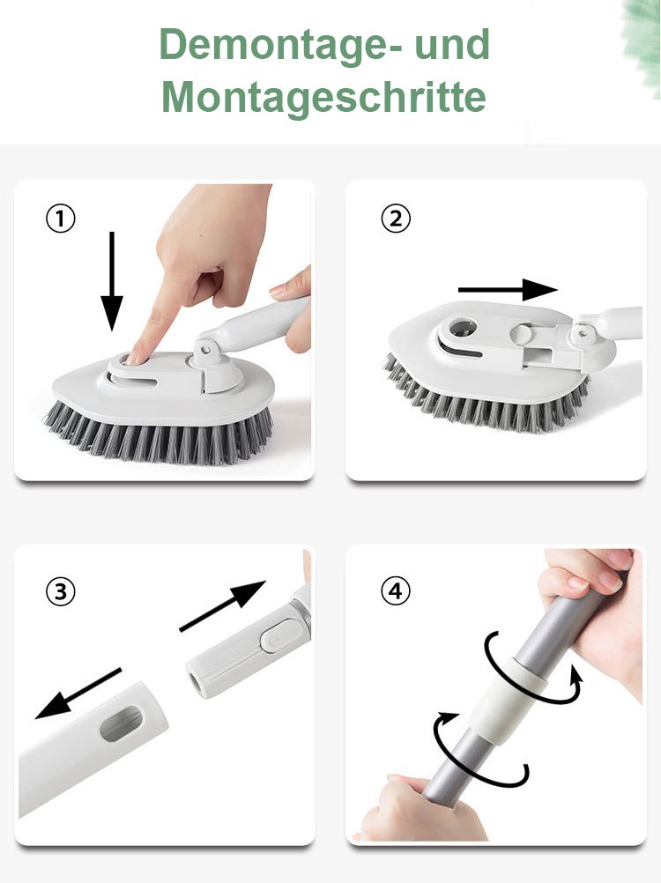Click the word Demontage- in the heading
[280, 46]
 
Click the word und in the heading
[452, 44]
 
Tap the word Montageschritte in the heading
[323, 98]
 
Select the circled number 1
[60, 219]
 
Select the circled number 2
[396, 218]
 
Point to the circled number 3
[60, 592]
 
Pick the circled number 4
[396, 591]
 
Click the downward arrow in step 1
[111, 281]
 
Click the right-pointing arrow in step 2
[508, 290]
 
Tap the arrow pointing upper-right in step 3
[222, 606]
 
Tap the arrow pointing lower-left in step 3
[78, 694]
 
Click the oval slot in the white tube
[122, 723]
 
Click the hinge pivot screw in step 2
[583, 333]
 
